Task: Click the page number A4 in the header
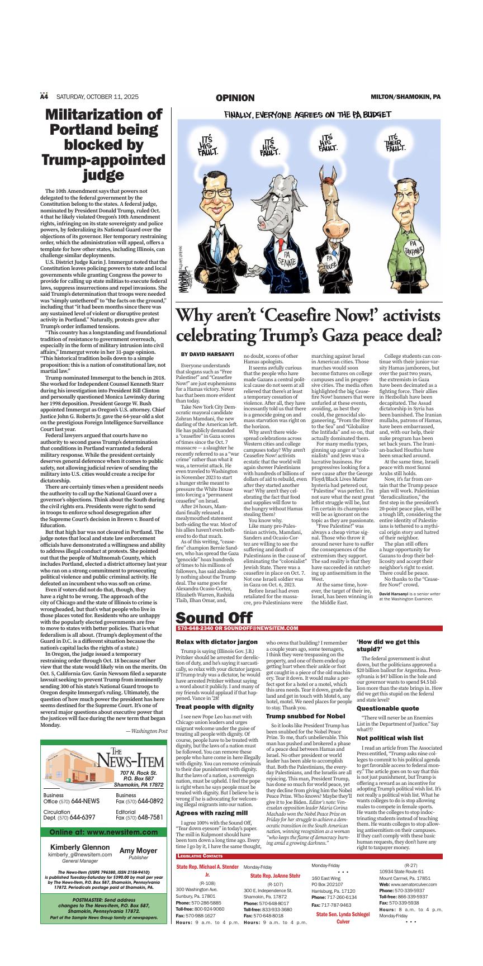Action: click(x=44, y=97)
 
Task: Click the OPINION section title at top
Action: click(x=235, y=98)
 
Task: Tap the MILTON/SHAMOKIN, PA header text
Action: click(x=405, y=97)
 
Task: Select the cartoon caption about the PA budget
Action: click(x=307, y=115)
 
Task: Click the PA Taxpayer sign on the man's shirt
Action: click(x=414, y=248)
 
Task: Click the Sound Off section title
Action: click(x=214, y=618)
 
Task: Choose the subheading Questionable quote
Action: click(x=387, y=708)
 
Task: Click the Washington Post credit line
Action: click(x=146, y=731)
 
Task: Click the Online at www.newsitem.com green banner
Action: click(x=103, y=832)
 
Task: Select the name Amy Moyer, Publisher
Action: click(x=138, y=853)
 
